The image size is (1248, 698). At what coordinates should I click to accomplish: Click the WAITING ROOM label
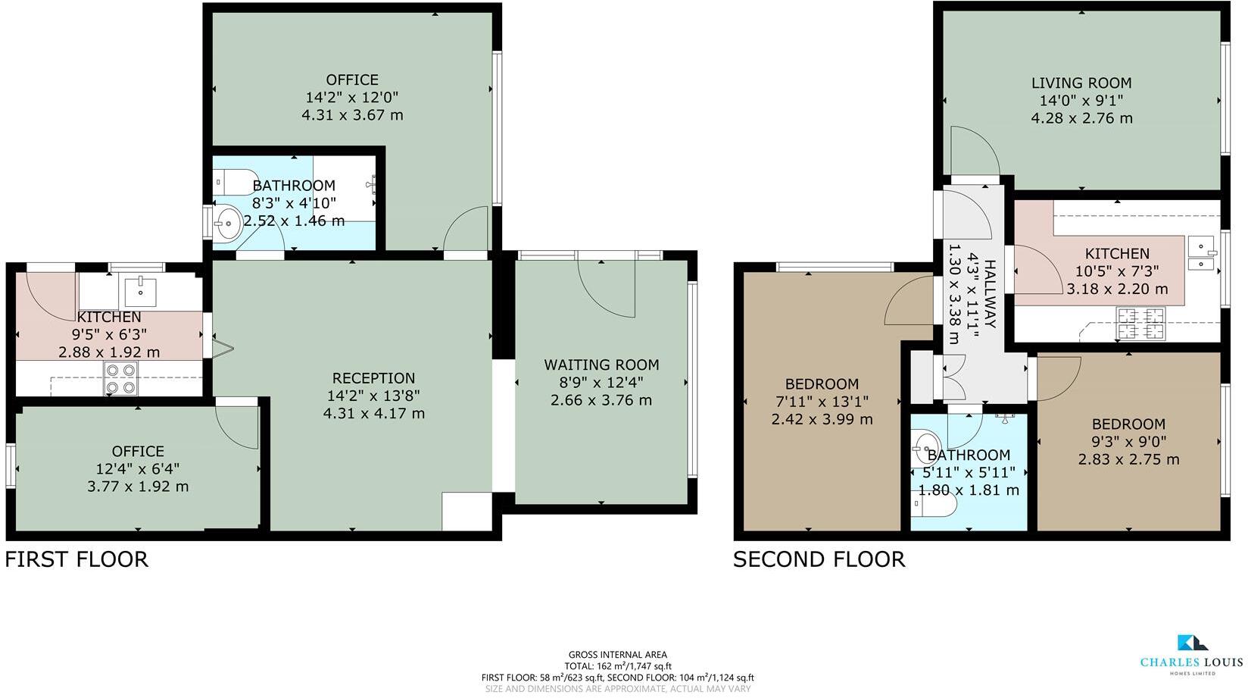tap(601, 365)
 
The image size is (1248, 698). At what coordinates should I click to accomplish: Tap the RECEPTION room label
tap(373, 378)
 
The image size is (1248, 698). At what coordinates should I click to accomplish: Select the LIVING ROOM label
tap(1081, 83)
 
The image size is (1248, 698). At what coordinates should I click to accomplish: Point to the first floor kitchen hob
tap(121, 378)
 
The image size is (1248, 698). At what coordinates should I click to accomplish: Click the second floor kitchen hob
tap(1140, 324)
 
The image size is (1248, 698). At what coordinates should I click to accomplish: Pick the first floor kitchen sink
tap(140, 291)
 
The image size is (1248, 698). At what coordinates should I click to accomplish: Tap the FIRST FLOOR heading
tap(76, 559)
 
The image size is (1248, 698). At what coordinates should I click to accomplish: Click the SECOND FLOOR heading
tap(819, 559)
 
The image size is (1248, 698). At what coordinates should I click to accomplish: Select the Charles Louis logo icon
tap(1192, 643)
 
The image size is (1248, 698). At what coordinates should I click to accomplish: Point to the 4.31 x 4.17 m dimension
tap(373, 414)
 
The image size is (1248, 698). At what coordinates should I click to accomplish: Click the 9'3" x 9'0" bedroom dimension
tap(1128, 442)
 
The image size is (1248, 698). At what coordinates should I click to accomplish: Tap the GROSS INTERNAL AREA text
tap(617, 655)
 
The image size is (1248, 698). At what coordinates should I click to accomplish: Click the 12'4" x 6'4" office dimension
tap(138, 469)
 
